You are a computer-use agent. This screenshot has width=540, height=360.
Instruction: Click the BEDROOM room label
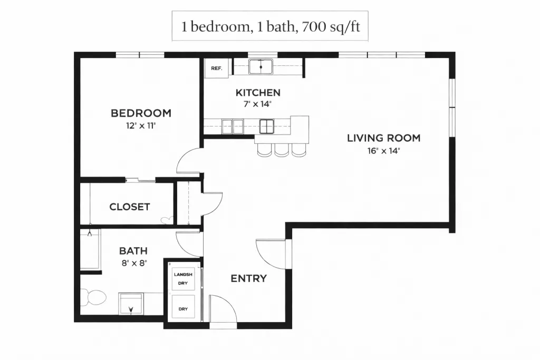(141, 113)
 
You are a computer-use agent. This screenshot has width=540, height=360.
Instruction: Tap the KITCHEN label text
(258, 93)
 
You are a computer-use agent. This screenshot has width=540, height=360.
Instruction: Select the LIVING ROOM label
(384, 138)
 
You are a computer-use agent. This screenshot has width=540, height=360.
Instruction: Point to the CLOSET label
(130, 207)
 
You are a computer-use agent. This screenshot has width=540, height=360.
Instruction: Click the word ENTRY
(249, 278)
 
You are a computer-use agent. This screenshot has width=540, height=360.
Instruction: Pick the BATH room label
(133, 251)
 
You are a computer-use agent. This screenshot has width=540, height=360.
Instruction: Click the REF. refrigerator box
(216, 68)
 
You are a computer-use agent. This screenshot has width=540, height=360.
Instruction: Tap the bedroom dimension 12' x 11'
(141, 125)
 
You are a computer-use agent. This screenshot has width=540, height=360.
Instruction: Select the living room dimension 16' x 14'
(384, 151)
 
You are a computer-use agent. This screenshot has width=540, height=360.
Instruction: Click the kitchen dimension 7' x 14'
(257, 104)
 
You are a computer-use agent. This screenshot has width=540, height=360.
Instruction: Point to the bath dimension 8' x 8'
(134, 264)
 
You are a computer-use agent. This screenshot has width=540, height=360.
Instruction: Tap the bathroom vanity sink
(131, 304)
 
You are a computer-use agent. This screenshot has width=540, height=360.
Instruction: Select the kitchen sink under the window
(261, 67)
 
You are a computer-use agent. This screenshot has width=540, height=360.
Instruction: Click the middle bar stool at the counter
(282, 150)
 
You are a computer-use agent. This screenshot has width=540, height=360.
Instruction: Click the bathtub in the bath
(91, 249)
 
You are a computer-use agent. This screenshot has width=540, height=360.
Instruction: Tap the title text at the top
(271, 26)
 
